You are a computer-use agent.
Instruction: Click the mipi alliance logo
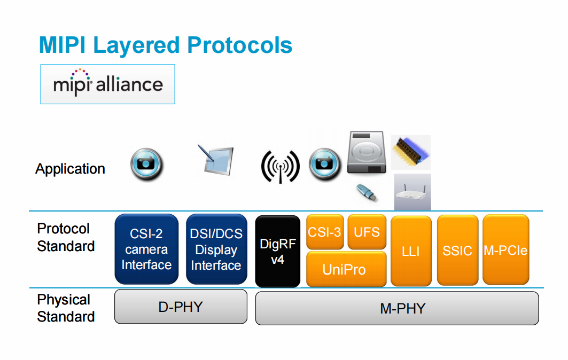pos(107,84)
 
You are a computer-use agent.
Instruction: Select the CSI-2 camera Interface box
pos(146,249)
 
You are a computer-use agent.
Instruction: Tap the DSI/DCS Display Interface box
pos(216,249)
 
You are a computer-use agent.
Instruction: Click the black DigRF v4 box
pos(277,252)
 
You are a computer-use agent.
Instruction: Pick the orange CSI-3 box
pos(324,232)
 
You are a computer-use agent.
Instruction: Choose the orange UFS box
pos(367,232)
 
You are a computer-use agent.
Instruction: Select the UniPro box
pos(346,269)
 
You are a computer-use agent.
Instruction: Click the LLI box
pos(411,251)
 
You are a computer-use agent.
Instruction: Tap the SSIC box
pos(457,251)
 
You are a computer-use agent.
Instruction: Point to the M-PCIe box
pos(505,250)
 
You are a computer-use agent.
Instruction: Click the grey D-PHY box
pos(181,307)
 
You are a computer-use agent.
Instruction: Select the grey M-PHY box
pos(396,308)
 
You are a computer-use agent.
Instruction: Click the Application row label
pos(70,169)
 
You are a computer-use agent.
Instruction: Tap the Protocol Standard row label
pos(65,238)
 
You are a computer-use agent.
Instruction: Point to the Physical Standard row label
pos(65,308)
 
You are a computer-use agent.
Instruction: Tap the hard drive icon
pos(367,153)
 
